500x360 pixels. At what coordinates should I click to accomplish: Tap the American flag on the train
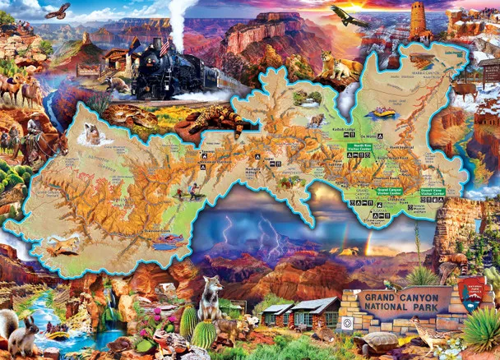tap(165, 48)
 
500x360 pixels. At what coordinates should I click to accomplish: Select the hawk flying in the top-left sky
tap(58, 11)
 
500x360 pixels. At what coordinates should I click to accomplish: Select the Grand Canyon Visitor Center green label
tap(389, 192)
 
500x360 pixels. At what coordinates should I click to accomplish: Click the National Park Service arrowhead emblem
tap(470, 292)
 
